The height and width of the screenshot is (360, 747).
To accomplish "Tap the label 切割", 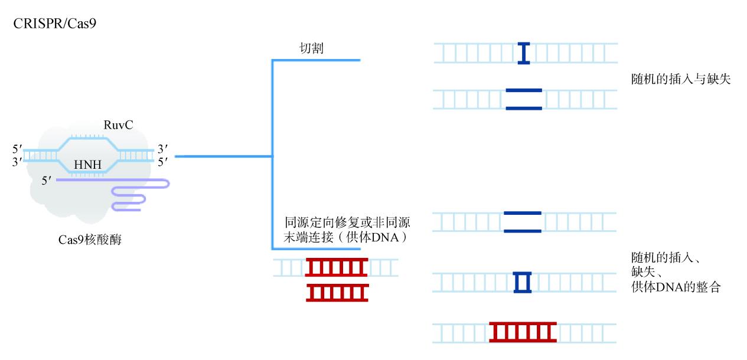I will pyautogui.click(x=311, y=48).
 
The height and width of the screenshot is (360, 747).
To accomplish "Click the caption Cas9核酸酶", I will pyautogui.click(x=90, y=240).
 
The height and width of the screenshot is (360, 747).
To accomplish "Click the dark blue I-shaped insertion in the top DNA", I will pyautogui.click(x=523, y=53).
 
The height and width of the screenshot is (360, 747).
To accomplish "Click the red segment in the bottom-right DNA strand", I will pyautogui.click(x=523, y=332).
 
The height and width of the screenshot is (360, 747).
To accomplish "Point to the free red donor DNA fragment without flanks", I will pyautogui.click(x=337, y=293).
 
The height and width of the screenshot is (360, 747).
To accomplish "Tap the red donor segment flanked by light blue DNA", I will pyautogui.click(x=336, y=268).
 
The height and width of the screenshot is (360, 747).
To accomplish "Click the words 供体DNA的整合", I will pyautogui.click(x=676, y=288).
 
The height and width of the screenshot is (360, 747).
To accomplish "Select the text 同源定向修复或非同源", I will pyautogui.click(x=347, y=223).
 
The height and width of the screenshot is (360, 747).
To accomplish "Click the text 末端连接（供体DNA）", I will pyautogui.click(x=347, y=238).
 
